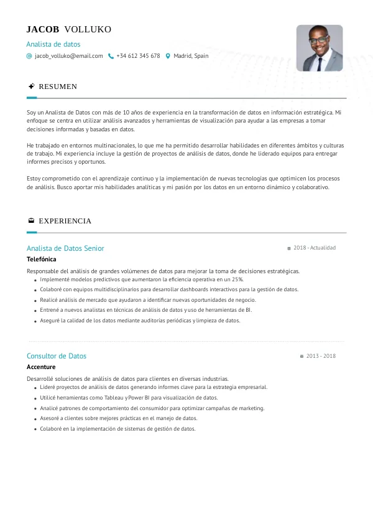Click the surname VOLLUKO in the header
click(x=88, y=30)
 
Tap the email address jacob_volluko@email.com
click(x=69, y=56)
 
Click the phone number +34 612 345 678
click(x=138, y=56)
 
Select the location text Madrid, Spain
click(x=191, y=56)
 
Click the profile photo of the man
click(x=320, y=48)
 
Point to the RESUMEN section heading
click(x=58, y=87)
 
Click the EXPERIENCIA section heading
click(x=65, y=221)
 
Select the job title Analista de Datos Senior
click(x=65, y=248)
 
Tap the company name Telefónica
click(x=42, y=259)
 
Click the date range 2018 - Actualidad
click(x=314, y=248)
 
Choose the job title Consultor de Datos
click(x=57, y=356)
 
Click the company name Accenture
click(x=41, y=367)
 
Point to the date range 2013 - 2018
click(x=320, y=356)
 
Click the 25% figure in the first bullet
click(x=237, y=279)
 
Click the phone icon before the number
click(x=111, y=56)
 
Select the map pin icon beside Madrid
click(x=168, y=56)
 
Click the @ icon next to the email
click(x=29, y=56)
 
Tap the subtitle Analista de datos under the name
click(x=53, y=44)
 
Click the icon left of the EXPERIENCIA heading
click(x=31, y=221)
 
